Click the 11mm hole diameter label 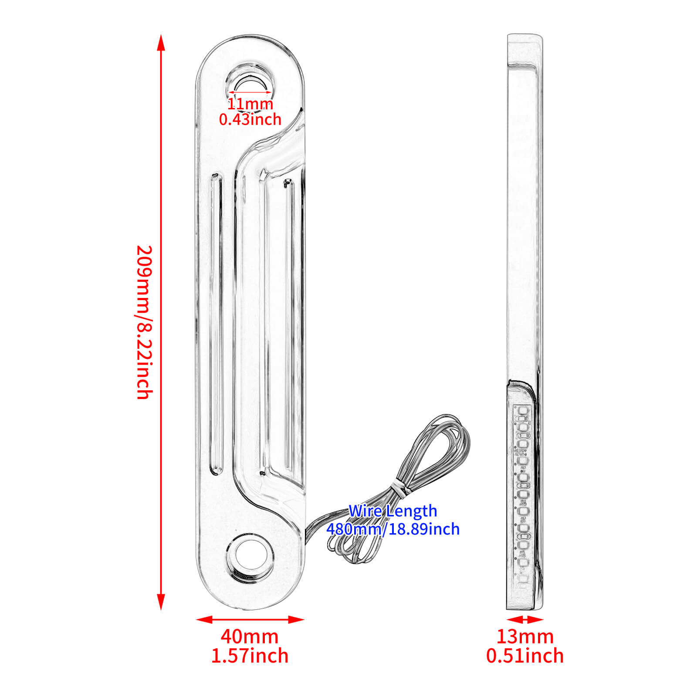click(x=250, y=104)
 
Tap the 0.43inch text click(x=250, y=119)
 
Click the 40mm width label click(x=249, y=636)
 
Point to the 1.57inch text click(x=250, y=656)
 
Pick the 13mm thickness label click(x=525, y=636)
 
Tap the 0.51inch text click(x=525, y=656)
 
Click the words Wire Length click(x=392, y=511)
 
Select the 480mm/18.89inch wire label click(x=393, y=529)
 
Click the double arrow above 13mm click(x=525, y=619)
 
